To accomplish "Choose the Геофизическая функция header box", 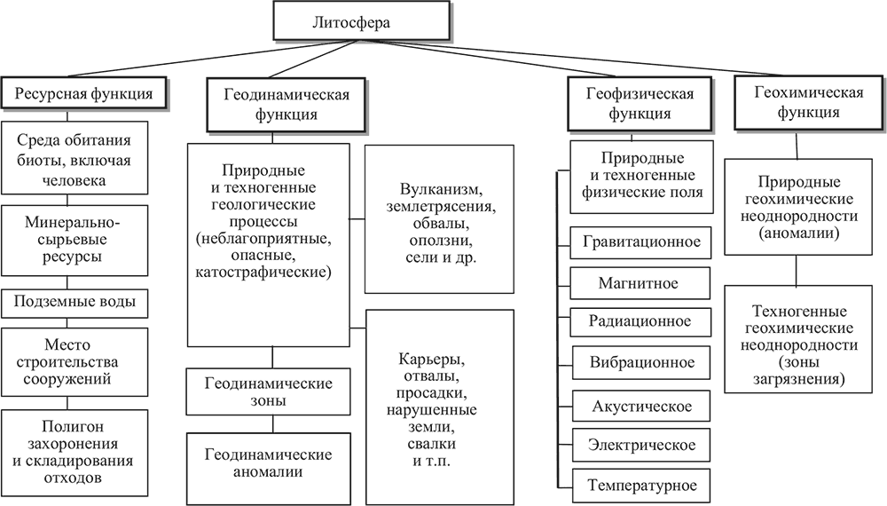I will (x=640, y=103).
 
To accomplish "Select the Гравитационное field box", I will (x=640, y=241).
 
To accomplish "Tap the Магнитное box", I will (x=640, y=283).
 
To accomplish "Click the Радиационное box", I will (x=640, y=321).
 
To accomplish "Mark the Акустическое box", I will (x=640, y=407).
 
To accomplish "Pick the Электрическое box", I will (x=640, y=445).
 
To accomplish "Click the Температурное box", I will (x=640, y=486).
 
